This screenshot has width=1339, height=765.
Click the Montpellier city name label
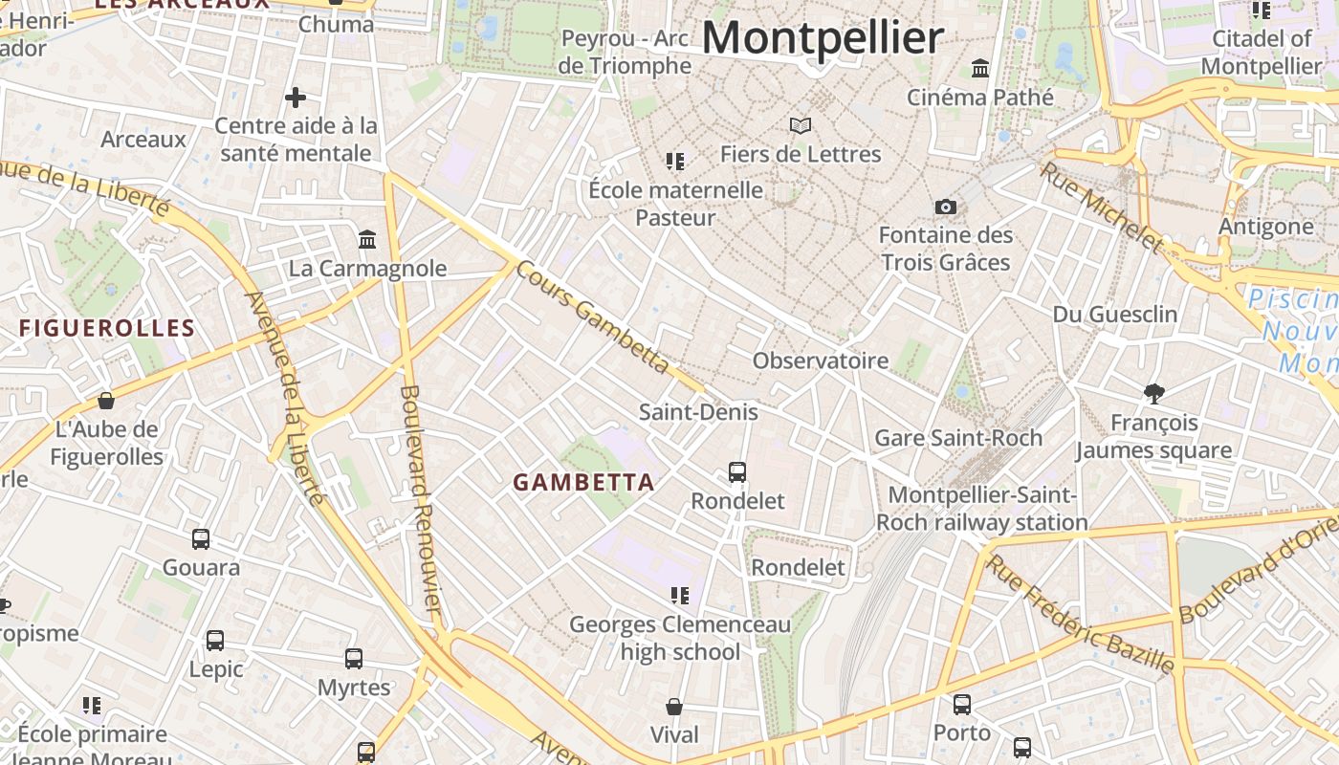[823, 38]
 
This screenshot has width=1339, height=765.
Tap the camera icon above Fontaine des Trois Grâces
[945, 207]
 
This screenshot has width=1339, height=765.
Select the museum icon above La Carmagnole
[367, 239]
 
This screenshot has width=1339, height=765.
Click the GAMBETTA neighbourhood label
[583, 483]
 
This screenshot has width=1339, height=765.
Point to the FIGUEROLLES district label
[107, 328]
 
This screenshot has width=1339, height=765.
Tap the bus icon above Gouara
[201, 538]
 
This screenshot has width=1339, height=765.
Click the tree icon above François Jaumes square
[1154, 393]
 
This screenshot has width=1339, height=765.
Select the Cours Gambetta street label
[593, 317]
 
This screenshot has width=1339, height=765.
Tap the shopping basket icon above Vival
[674, 707]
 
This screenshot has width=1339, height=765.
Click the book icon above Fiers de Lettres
[800, 125]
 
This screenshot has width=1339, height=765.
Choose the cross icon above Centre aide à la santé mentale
[296, 97]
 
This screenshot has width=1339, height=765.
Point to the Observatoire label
[821, 361]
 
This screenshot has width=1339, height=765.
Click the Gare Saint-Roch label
[958, 438]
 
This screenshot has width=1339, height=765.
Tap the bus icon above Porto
[962, 704]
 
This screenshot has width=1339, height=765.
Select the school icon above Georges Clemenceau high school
[680, 596]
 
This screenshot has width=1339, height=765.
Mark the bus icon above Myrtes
[354, 658]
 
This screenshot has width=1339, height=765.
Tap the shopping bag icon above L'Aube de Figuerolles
[106, 400]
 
